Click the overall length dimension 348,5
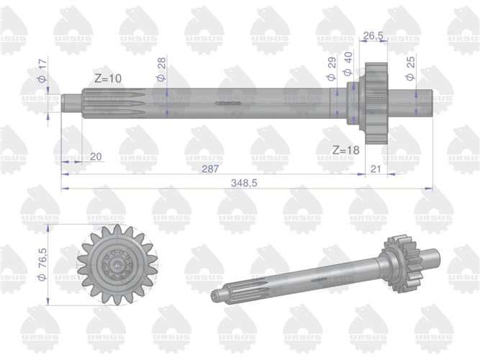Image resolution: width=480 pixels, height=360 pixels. (247, 184)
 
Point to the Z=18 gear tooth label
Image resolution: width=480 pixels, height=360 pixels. (345, 150)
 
